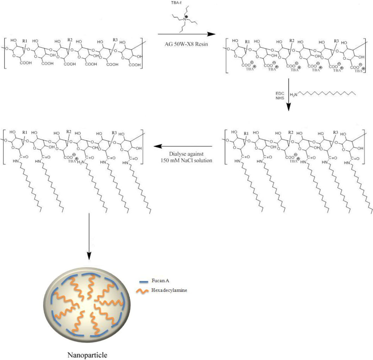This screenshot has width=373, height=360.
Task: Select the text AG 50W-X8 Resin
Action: point(185,41)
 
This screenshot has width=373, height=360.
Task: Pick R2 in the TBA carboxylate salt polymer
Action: point(291,41)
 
